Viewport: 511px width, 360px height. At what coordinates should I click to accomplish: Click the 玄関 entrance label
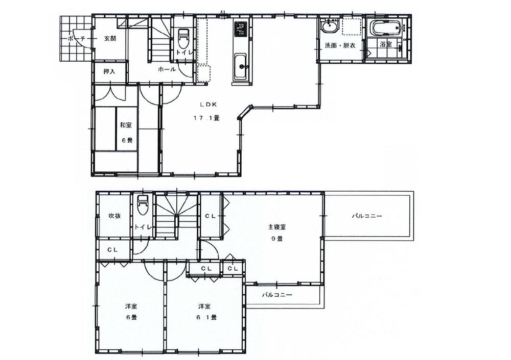click(110, 39)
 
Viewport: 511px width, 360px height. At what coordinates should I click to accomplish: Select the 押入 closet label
click(109, 72)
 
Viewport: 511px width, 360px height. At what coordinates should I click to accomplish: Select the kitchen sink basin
click(241, 66)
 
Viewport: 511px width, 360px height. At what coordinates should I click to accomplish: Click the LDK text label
click(209, 104)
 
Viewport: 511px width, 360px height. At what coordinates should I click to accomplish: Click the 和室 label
click(126, 125)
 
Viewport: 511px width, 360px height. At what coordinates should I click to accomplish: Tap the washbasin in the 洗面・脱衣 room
click(328, 26)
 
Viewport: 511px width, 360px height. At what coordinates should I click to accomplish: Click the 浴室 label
click(386, 45)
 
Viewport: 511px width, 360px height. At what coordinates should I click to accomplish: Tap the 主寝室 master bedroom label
click(276, 226)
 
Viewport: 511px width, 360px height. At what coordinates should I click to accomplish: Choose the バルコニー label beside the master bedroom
click(367, 216)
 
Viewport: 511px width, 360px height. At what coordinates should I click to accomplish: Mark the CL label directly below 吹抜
click(113, 250)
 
